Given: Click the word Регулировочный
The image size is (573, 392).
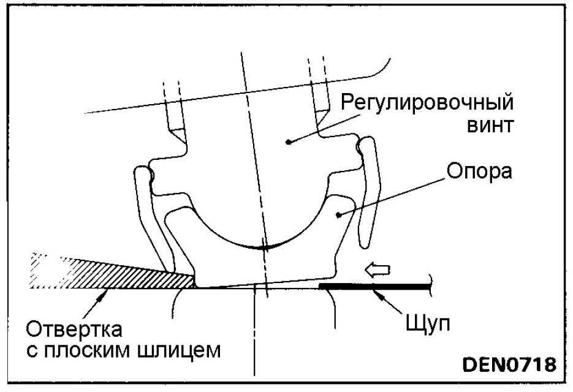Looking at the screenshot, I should tap(427, 102).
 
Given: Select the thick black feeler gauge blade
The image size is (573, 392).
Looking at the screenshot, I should tap(374, 286).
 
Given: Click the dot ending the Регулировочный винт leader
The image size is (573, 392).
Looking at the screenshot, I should tap(289, 141).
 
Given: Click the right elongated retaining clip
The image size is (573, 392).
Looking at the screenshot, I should tap(368, 190).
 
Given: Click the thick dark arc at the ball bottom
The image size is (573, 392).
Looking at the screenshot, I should tap(264, 246).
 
